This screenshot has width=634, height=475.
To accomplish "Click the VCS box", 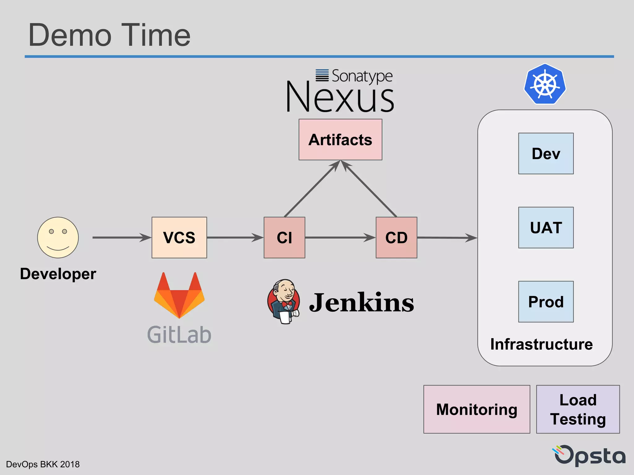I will click(179, 237).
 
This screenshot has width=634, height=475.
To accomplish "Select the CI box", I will click(284, 237).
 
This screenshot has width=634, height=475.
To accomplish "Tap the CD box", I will click(396, 237).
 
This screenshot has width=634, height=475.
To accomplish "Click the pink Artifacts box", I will click(340, 139).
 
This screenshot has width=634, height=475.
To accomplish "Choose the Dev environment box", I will click(546, 153).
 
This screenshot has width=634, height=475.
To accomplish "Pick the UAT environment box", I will click(546, 228).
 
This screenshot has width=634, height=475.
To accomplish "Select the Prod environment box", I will click(546, 302).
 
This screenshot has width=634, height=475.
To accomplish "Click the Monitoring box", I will click(477, 409).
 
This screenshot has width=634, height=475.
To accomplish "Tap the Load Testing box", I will click(578, 409).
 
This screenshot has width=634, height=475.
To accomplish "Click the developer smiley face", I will click(58, 237).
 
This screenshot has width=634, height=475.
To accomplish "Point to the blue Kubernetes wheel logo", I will click(545, 84).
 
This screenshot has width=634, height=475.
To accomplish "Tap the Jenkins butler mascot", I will click(284, 302).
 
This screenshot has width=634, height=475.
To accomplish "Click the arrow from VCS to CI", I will click(235, 237).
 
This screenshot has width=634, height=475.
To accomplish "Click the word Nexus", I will click(340, 97).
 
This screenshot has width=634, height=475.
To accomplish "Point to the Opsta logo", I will click(590, 455).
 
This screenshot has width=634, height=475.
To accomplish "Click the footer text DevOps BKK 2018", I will click(43, 464).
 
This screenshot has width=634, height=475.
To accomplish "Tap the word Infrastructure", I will click(541, 344).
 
